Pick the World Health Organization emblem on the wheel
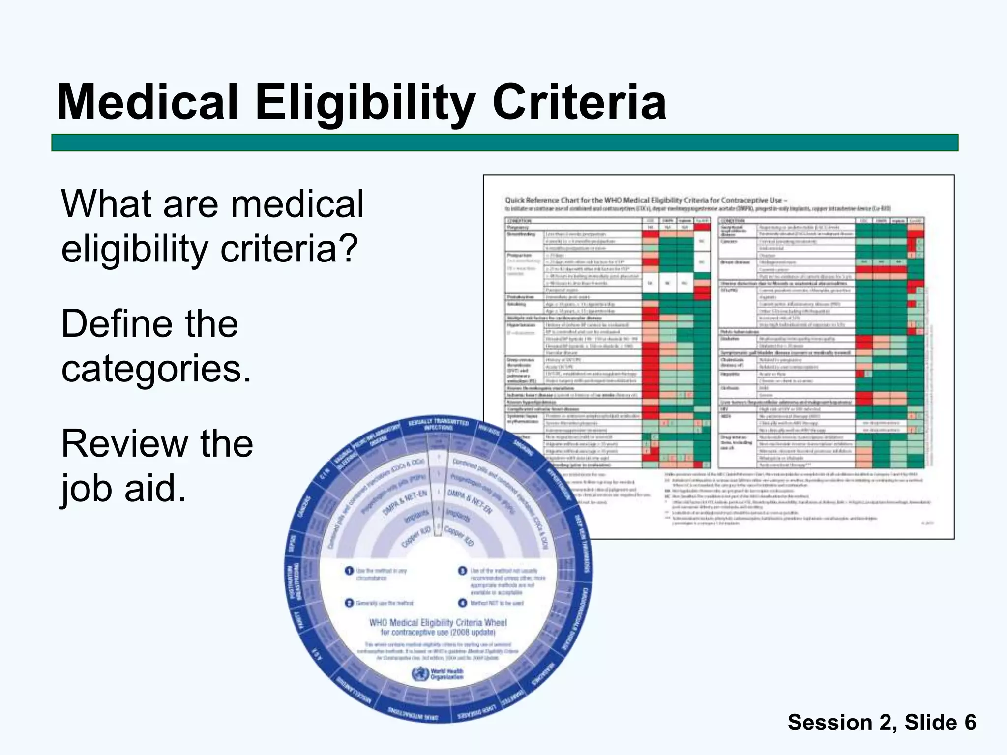pos(420,673)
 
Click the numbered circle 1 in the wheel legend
pos(349,571)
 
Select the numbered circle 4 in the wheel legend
pos(463,603)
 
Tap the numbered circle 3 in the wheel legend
pos(463,571)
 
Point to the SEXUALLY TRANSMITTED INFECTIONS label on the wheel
pos(438,425)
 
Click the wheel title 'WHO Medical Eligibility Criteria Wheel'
pos(438,623)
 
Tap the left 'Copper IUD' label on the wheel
pos(416,537)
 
